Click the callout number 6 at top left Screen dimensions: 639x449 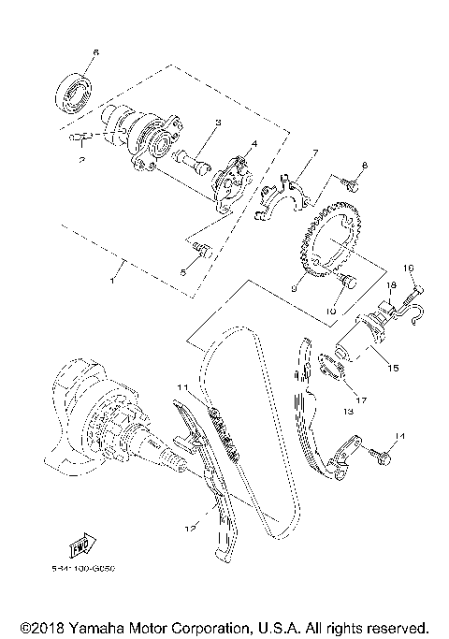[94, 51]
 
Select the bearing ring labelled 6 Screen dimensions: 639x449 [75, 91]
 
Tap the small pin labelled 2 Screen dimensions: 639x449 [80, 138]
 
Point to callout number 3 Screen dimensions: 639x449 [216, 122]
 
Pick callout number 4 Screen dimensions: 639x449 [253, 145]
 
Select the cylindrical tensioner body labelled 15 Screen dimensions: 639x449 [360, 351]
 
